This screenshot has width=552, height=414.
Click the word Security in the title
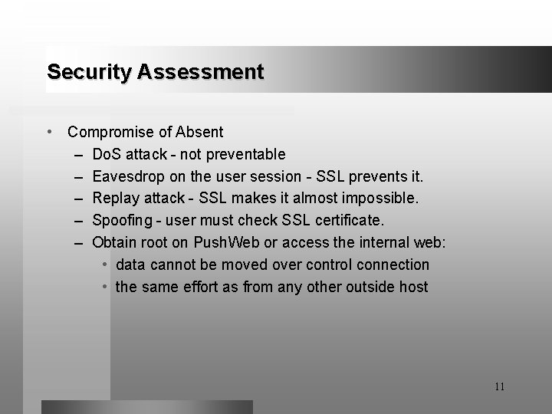90,72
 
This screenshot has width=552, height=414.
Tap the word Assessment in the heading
201,72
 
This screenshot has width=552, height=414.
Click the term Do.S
110,155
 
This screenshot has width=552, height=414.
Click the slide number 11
499,386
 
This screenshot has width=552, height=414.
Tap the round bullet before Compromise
50,133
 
